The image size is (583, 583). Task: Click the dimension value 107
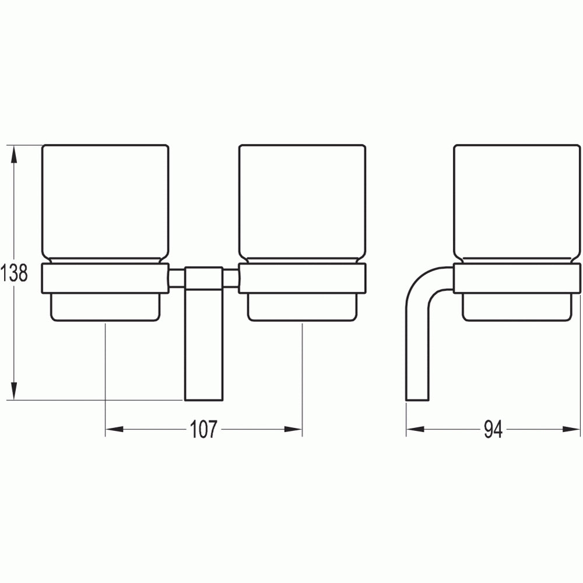coord(203,430)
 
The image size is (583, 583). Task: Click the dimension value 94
coord(493,430)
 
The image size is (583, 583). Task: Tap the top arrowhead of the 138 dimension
coord(14,154)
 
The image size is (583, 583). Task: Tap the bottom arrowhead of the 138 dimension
coord(14,391)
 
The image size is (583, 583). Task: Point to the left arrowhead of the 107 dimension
coord(114,430)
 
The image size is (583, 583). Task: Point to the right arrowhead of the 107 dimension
coord(293,430)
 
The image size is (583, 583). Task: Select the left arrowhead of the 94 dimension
coord(415,430)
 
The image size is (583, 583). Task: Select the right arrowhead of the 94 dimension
coord(571,430)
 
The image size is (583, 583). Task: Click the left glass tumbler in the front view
coord(106,203)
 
